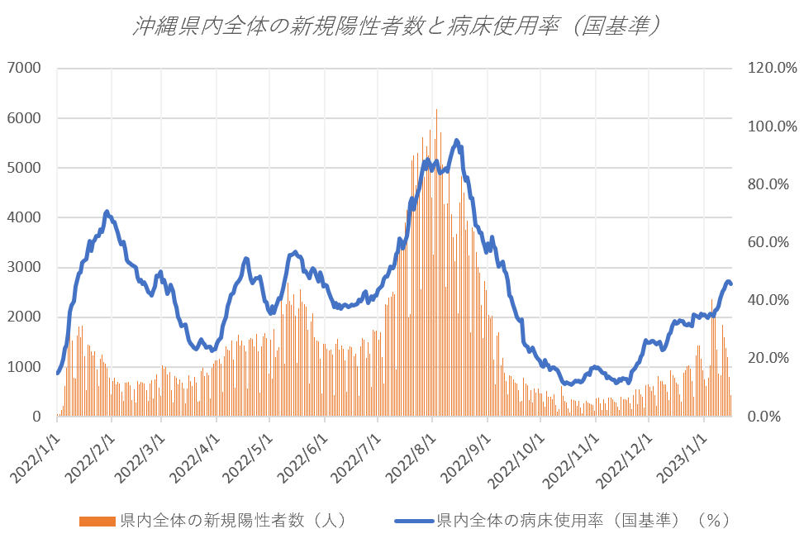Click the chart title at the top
click(397, 26)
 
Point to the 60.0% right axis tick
click(769, 242)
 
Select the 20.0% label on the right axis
click(769, 359)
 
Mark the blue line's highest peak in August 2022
click(457, 141)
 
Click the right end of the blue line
click(730, 284)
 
